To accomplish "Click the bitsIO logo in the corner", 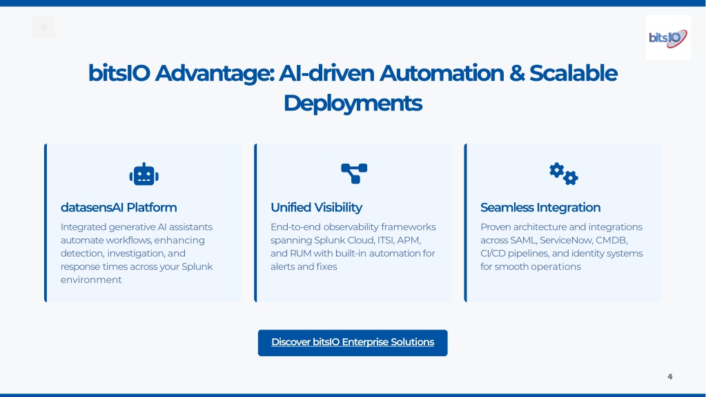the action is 668,38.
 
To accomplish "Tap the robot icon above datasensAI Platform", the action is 144,174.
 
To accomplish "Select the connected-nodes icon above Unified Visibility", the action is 354,173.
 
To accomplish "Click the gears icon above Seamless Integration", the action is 564,173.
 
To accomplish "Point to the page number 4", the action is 670,376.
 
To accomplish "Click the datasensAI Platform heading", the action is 119,207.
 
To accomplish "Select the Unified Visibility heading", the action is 316,207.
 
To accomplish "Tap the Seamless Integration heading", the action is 540,207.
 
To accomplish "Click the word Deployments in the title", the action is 353,103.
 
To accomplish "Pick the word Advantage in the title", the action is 215,73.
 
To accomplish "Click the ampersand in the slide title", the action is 516,73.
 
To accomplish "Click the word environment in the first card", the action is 91,280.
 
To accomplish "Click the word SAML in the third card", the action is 523,240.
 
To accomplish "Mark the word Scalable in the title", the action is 573,73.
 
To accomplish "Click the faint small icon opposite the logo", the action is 43,27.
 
